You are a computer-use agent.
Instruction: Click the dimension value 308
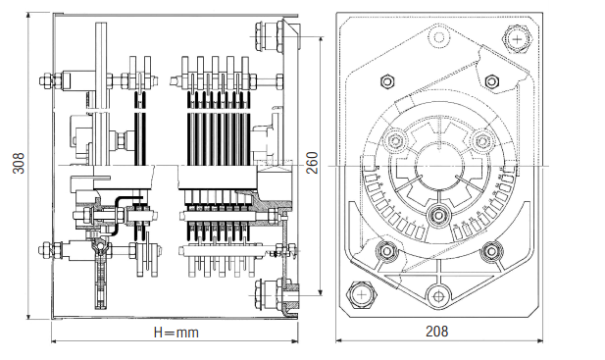click(18, 163)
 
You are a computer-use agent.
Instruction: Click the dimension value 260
click(312, 163)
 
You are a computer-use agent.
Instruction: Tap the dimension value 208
click(437, 332)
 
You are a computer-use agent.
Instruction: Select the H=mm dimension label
click(176, 333)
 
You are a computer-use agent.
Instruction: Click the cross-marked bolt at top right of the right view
click(517, 39)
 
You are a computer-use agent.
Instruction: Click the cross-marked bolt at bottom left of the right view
click(362, 295)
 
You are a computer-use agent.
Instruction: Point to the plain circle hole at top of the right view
click(439, 37)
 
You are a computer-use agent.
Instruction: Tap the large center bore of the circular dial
click(439, 167)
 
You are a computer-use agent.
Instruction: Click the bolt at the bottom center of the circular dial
click(438, 214)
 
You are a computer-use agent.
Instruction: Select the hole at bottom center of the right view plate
click(437, 296)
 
